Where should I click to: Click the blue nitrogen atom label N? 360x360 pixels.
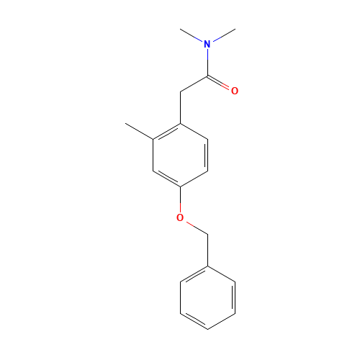coord(207,44)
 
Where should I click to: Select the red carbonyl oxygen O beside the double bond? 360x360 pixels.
coord(234,91)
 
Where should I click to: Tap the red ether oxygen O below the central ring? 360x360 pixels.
coord(180,217)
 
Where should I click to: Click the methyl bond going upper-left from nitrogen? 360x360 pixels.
coord(192,36)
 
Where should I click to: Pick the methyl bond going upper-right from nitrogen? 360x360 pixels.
coord(222,36)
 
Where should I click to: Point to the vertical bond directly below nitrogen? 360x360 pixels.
coord(207,63)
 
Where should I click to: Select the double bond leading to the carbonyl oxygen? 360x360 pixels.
coord(220,84)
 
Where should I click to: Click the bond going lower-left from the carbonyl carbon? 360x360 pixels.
coord(194,84)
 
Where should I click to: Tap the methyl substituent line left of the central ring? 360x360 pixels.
coord(140,132)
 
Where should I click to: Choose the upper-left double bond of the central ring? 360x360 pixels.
coord(166,132)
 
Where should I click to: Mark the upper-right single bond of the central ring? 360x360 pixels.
coord(194,132)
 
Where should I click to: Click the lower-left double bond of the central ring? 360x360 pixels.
coord(166,179)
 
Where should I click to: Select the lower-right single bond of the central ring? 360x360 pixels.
coord(194,179)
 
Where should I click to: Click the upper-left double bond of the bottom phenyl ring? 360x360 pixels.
coord(194,274)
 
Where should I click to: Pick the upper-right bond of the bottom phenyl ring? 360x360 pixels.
coord(221,274)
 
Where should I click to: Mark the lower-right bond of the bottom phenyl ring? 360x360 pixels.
coord(221,321)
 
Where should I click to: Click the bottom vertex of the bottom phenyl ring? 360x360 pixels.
coord(207,329)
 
